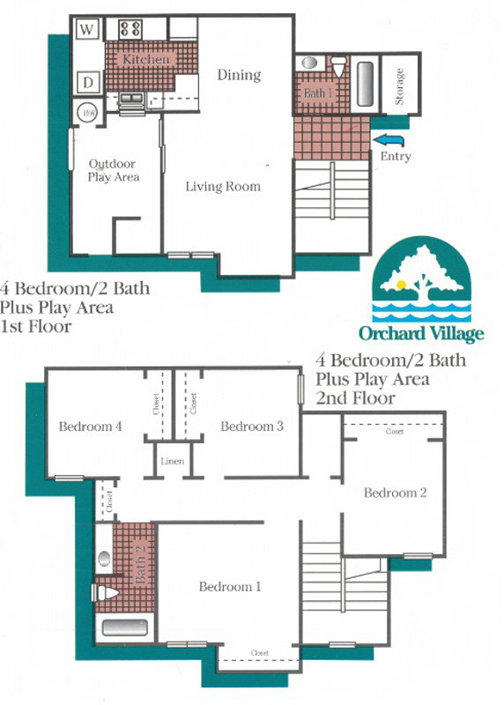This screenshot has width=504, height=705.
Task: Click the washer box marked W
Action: point(88,29)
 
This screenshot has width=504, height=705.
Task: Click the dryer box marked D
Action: point(88,84)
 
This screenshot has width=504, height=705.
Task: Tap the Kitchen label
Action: point(145,59)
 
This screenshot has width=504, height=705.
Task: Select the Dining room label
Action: point(239,75)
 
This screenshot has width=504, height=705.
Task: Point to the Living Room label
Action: point(223,186)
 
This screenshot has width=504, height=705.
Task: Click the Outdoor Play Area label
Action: point(114,170)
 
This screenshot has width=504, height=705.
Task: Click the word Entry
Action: point(396,156)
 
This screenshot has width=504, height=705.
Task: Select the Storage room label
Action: point(399,87)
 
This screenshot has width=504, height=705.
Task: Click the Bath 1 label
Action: point(318,93)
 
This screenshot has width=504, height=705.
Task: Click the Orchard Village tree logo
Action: point(420,280)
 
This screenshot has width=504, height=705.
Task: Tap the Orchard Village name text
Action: point(420,333)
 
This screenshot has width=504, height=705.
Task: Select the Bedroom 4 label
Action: point(90,427)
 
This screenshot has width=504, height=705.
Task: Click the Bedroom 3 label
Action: point(252,427)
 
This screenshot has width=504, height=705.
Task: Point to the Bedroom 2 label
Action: point(396,493)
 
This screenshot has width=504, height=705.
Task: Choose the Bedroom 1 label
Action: point(229,587)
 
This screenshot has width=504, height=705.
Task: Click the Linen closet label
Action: point(172,462)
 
